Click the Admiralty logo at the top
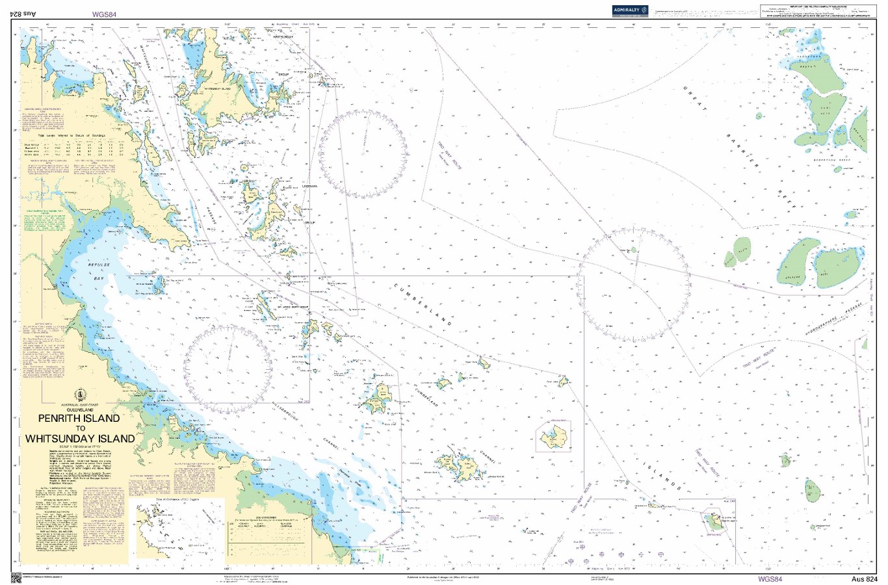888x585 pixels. [x=630, y=10]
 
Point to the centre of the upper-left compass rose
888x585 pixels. [x=363, y=154]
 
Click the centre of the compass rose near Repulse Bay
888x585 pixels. [x=228, y=368]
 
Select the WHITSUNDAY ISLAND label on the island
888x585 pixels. [x=218, y=88]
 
